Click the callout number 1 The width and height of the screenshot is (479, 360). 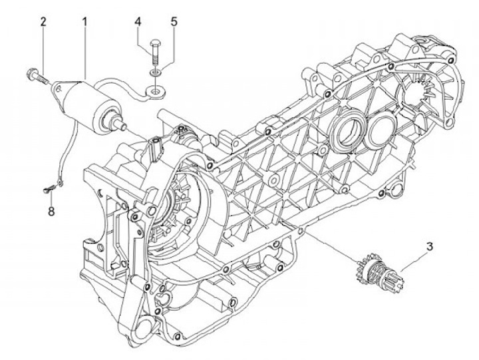point(85,22)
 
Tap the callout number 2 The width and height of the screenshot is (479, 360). point(43,22)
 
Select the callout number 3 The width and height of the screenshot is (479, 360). point(430,246)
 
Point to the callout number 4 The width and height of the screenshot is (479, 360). point(138,22)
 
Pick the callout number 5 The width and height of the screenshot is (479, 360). point(174,22)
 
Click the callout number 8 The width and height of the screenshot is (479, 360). point(51,212)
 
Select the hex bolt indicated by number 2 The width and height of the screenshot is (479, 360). point(37,75)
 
